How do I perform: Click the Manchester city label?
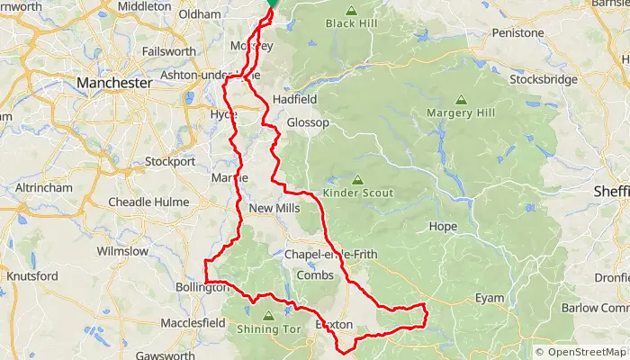tap(114, 83)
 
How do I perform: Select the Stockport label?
tap(169, 162)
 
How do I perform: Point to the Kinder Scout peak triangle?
tap(357, 179)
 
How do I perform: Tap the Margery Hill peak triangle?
tap(461, 100)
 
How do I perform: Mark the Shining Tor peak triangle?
tap(268, 316)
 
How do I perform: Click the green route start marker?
tap(272, 4)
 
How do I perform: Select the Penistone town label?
tap(517, 33)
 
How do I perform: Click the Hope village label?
tap(444, 226)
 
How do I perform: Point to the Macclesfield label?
tap(193, 322)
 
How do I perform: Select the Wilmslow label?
tap(121, 251)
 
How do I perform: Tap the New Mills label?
tap(274, 209)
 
